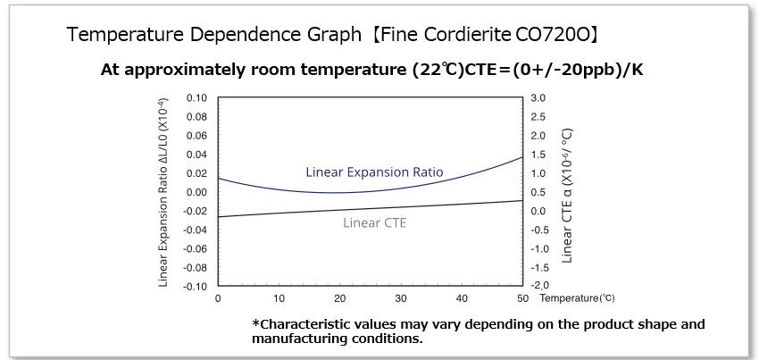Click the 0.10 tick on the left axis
196,97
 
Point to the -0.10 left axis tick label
194,287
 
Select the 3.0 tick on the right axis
538,97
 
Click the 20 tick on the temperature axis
340,298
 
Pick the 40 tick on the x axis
462,298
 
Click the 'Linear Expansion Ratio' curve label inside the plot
374,172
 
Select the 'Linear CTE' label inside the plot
374,222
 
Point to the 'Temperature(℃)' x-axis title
577,297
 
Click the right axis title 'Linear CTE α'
567,196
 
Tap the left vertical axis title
164,191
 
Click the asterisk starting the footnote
256,322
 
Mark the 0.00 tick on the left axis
196,192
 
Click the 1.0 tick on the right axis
538,173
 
